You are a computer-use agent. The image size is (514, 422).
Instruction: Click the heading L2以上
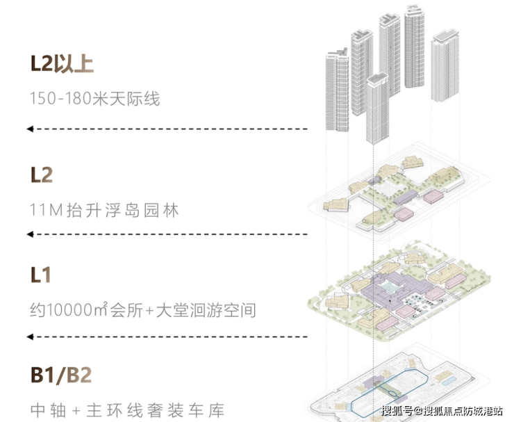[x=62, y=64]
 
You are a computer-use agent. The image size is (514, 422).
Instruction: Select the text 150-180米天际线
[x=94, y=99]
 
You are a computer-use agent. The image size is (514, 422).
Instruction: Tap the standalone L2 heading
[x=42, y=174]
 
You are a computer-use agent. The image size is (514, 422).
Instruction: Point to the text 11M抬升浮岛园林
[x=104, y=209]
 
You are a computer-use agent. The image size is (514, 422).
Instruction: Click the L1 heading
[x=40, y=275]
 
